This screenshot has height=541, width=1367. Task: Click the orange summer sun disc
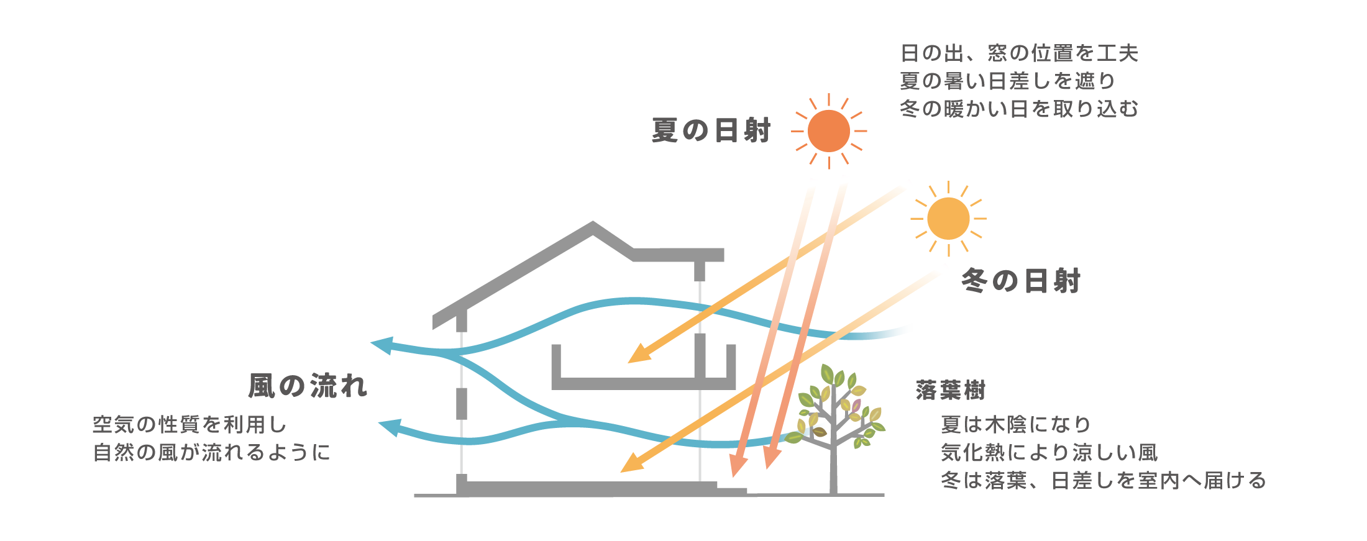[829, 131]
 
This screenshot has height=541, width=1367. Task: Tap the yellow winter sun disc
[948, 219]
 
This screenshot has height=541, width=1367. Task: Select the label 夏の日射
[711, 131]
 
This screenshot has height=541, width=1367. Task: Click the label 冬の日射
[1021, 281]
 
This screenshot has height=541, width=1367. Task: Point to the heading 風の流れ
[308, 386]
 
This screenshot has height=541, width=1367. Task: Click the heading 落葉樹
[951, 391]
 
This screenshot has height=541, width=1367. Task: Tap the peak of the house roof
[593, 225]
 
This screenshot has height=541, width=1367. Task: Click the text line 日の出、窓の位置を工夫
[1019, 53]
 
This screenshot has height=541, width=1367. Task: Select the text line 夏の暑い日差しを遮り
[1008, 81]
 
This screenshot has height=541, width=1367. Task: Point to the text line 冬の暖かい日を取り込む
[1019, 109]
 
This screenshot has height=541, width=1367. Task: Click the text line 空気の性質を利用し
[190, 425]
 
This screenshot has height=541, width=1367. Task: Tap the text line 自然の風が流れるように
[211, 452]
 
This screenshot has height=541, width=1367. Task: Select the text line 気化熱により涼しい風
[1049, 453]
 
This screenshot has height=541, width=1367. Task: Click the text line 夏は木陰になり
[1016, 425]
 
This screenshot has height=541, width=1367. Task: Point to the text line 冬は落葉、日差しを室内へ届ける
[1103, 481]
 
